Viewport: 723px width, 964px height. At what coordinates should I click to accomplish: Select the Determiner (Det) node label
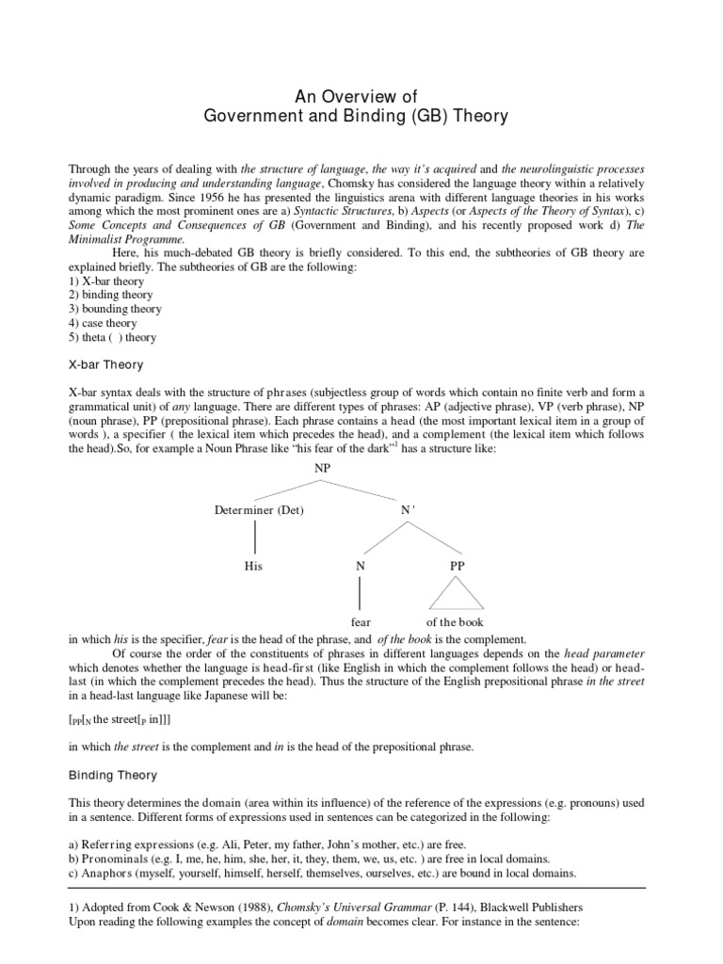[259, 510]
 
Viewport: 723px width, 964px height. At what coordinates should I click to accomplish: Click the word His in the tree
[252, 566]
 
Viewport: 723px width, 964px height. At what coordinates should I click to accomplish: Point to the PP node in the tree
[457, 566]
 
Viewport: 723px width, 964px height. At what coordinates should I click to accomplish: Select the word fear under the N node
[361, 622]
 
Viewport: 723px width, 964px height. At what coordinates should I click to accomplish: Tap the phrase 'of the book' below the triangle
[457, 622]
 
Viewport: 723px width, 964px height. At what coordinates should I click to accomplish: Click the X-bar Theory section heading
[106, 364]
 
